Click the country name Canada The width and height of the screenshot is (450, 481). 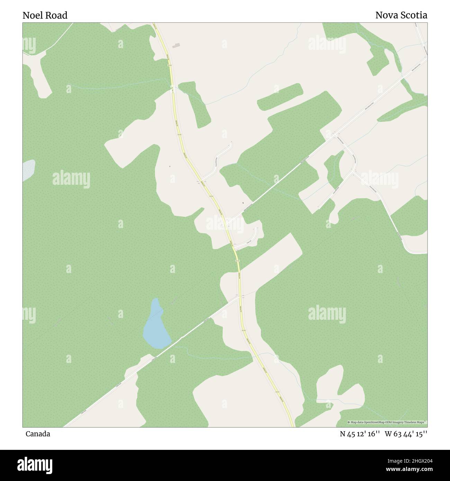[38, 434]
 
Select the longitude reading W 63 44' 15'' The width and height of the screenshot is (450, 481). [406, 434]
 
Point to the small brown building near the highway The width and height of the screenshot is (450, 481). [177, 45]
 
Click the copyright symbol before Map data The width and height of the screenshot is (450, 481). [349, 422]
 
